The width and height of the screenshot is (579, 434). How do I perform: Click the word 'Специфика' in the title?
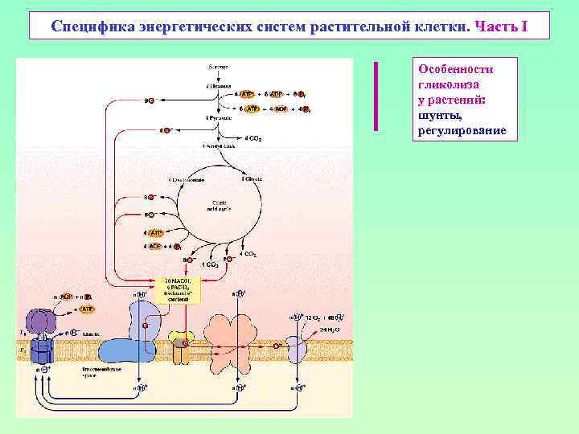pos(89,26)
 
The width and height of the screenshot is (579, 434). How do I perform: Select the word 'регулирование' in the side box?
pos(462,129)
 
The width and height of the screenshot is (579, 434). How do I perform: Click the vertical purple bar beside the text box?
pos(375,96)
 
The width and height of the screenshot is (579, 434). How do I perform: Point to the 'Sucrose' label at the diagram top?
pos(218,66)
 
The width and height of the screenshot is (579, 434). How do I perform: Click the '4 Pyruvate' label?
pos(218,117)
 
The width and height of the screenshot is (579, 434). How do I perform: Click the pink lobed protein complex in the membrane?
pos(232,338)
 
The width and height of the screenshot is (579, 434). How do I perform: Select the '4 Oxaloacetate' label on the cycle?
pos(183,178)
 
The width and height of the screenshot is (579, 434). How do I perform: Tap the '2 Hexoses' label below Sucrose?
pos(218,84)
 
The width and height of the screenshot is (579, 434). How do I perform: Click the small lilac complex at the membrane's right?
pos(297,348)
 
